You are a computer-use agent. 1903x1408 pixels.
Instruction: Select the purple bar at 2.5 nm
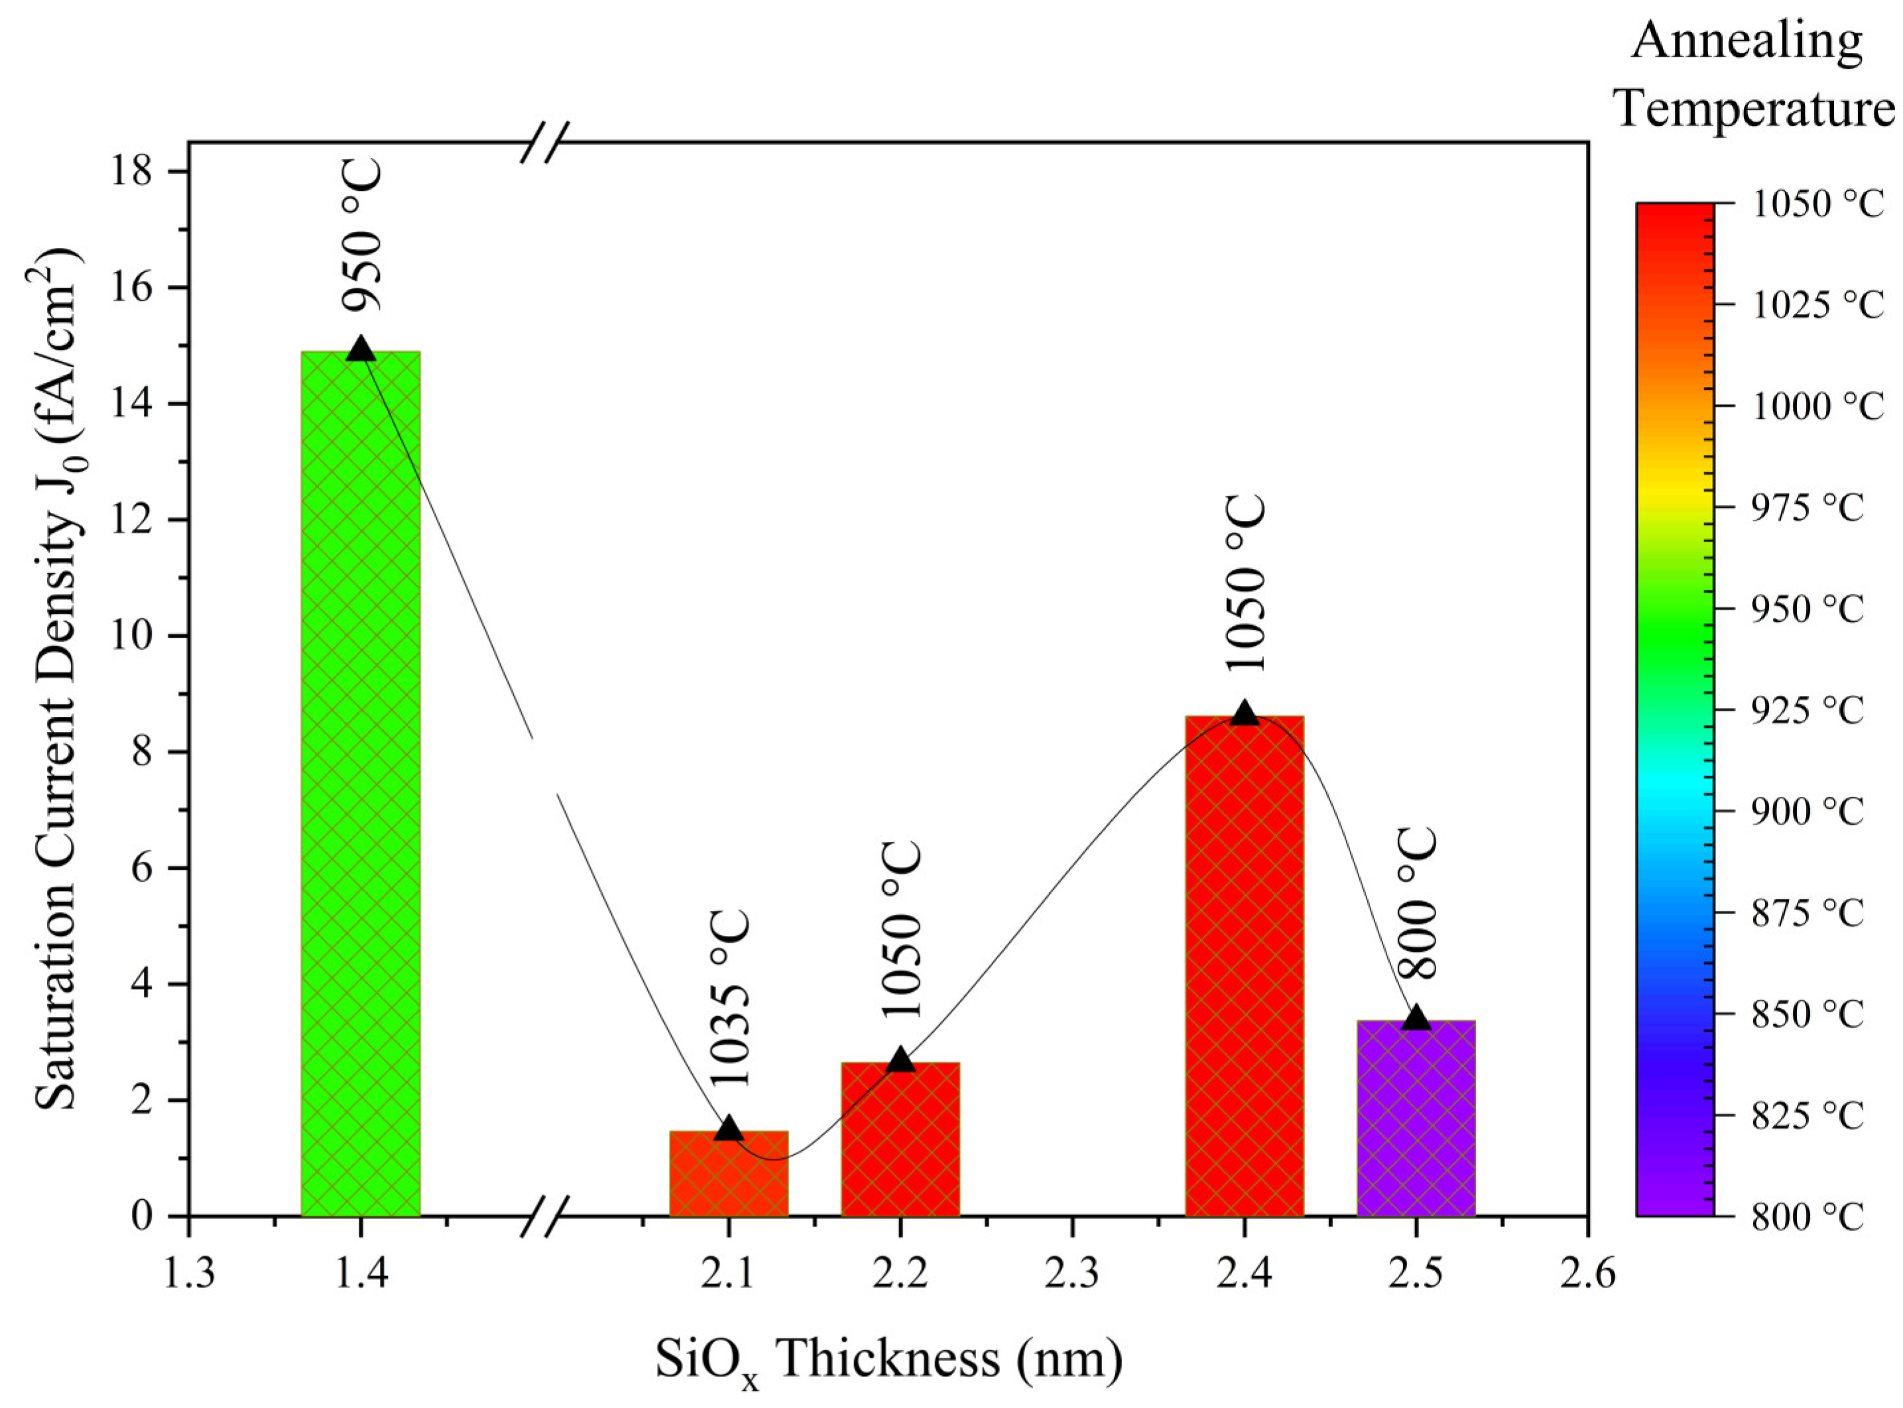(x=1415, y=1118)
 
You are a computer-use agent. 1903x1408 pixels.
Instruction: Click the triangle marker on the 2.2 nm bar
(x=900, y=1059)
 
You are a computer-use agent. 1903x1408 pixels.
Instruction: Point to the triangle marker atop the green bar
(x=361, y=348)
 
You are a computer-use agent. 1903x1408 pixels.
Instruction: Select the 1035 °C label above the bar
(x=731, y=999)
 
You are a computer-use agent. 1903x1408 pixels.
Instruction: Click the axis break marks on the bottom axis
(x=543, y=1216)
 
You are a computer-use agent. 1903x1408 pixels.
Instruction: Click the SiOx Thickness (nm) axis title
(x=889, y=1360)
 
